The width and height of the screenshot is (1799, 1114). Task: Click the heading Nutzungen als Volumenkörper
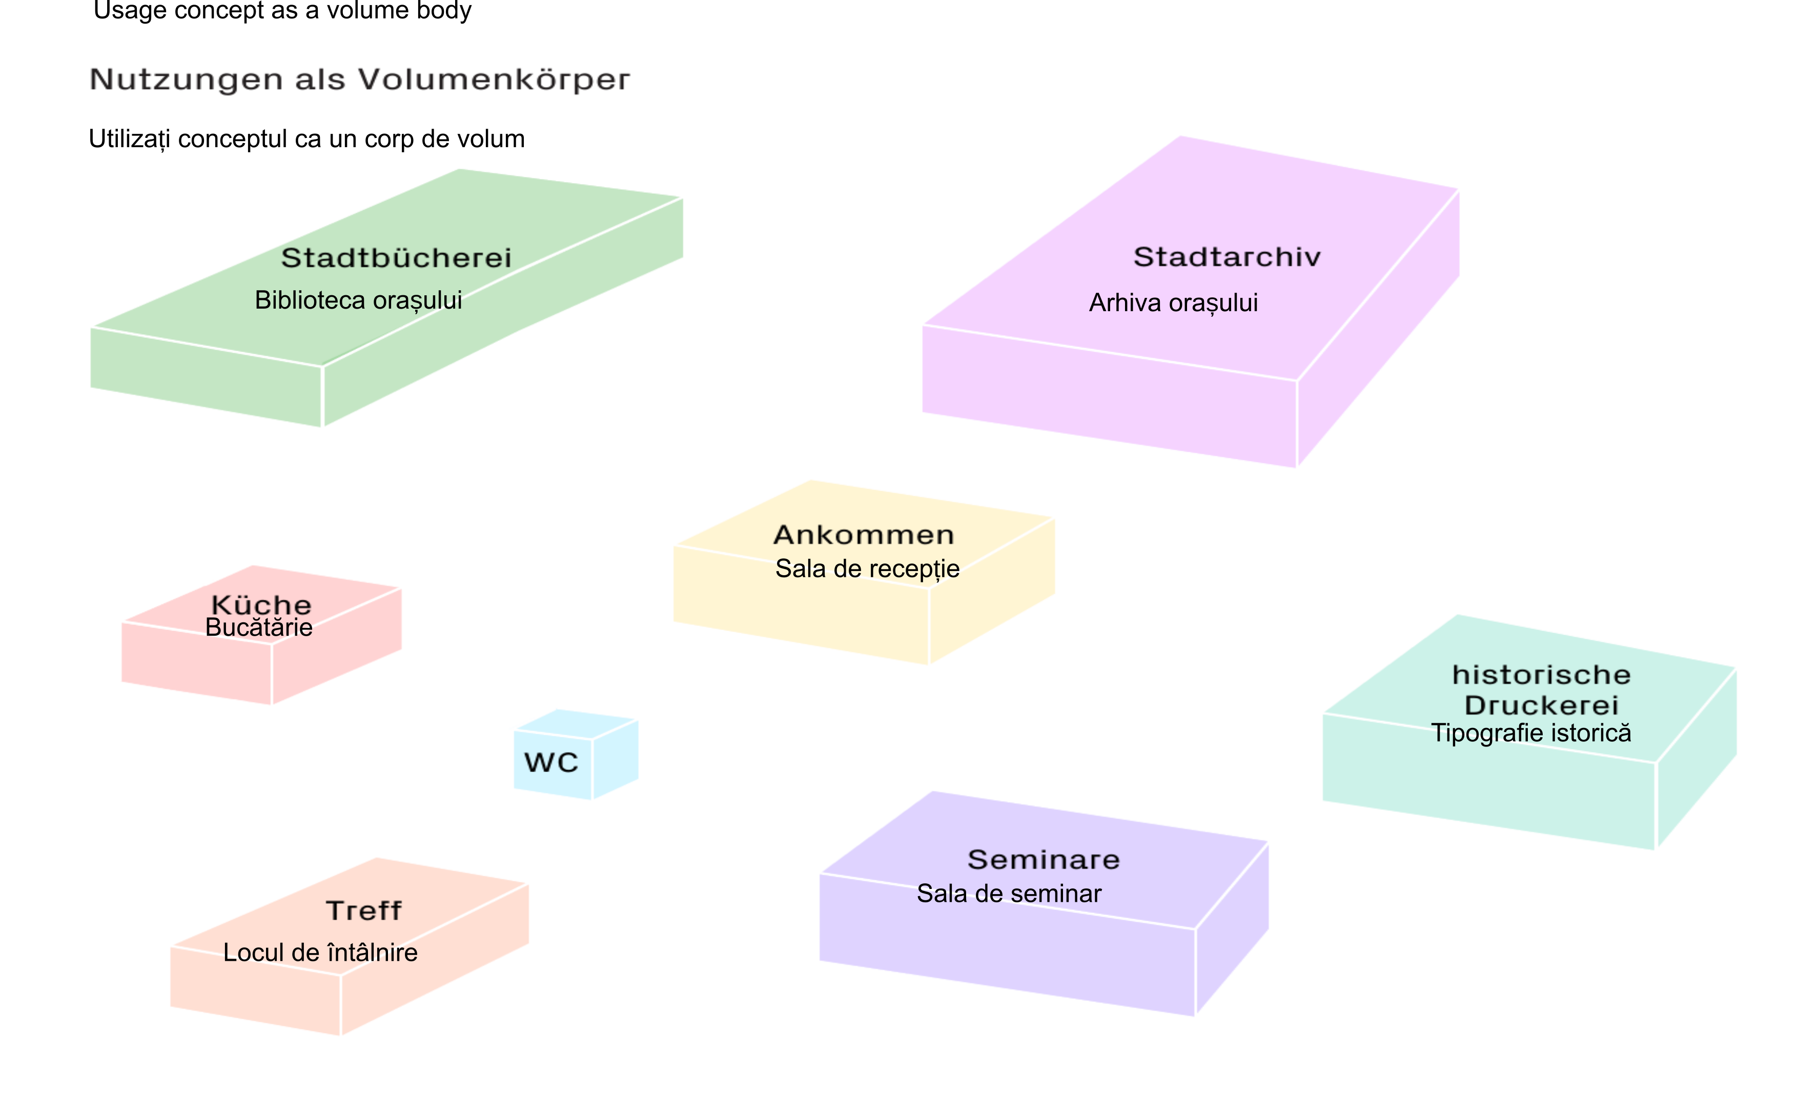click(359, 79)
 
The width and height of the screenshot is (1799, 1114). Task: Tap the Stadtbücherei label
click(396, 258)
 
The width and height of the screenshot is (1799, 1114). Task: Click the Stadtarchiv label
click(1227, 257)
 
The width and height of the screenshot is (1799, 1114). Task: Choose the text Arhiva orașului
click(1173, 303)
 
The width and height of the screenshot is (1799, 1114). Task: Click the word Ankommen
click(864, 535)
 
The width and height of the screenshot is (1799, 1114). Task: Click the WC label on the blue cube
click(551, 762)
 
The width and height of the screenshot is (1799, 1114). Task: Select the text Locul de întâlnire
click(320, 953)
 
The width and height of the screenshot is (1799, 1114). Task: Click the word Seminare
click(1044, 860)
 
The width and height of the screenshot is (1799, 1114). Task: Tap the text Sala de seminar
click(1009, 894)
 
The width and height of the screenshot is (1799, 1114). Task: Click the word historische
click(1541, 675)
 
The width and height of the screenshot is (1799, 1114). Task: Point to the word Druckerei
click(1541, 706)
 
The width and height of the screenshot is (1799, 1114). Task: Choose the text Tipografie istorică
click(1531, 733)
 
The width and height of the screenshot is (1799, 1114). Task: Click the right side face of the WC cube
click(616, 759)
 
